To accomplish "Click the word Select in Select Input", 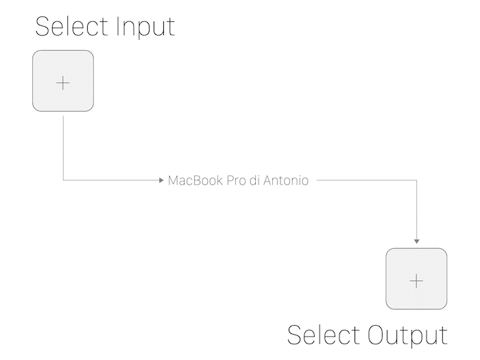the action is click(72, 26).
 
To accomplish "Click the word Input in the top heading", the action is click(145, 27).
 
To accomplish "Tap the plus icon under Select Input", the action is click(63, 83).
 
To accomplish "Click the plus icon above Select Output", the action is click(416, 281).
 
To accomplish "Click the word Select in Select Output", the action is click(324, 335).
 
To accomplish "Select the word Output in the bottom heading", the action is click(407, 336).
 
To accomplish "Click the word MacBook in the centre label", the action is click(195, 180).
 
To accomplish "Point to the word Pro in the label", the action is click(237, 180).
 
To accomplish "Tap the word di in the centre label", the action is click(254, 180).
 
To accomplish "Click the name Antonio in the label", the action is click(286, 180).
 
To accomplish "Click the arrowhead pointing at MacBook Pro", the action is click(161, 180).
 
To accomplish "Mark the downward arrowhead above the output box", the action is click(416, 241).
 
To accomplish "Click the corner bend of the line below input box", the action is click(63, 180).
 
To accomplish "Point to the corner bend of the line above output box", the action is click(416, 180).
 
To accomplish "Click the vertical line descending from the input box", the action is click(63, 148).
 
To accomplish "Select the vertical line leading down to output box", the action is click(416, 210).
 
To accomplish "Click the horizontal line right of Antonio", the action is click(367, 180).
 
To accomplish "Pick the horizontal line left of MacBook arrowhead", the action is click(111, 180).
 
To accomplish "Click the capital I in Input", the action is click(117, 26).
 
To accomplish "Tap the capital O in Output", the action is click(376, 335).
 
